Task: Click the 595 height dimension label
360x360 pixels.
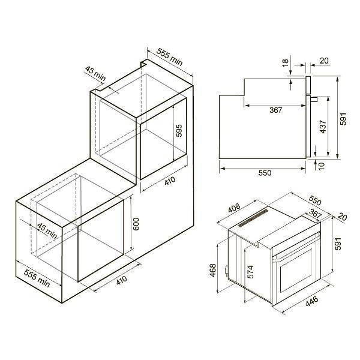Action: pyautogui.click(x=179, y=131)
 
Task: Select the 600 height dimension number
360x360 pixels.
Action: pyautogui.click(x=136, y=224)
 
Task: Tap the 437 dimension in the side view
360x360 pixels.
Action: pyautogui.click(x=323, y=127)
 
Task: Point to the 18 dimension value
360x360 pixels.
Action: pyautogui.click(x=285, y=62)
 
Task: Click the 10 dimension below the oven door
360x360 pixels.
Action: pyautogui.click(x=322, y=166)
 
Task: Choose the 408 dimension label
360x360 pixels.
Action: pyautogui.click(x=235, y=208)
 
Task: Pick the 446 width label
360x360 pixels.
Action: pyautogui.click(x=312, y=301)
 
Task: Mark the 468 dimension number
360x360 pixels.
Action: pyautogui.click(x=213, y=271)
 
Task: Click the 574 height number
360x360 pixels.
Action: pyautogui.click(x=250, y=272)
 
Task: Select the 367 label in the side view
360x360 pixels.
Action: pyautogui.click(x=276, y=110)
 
